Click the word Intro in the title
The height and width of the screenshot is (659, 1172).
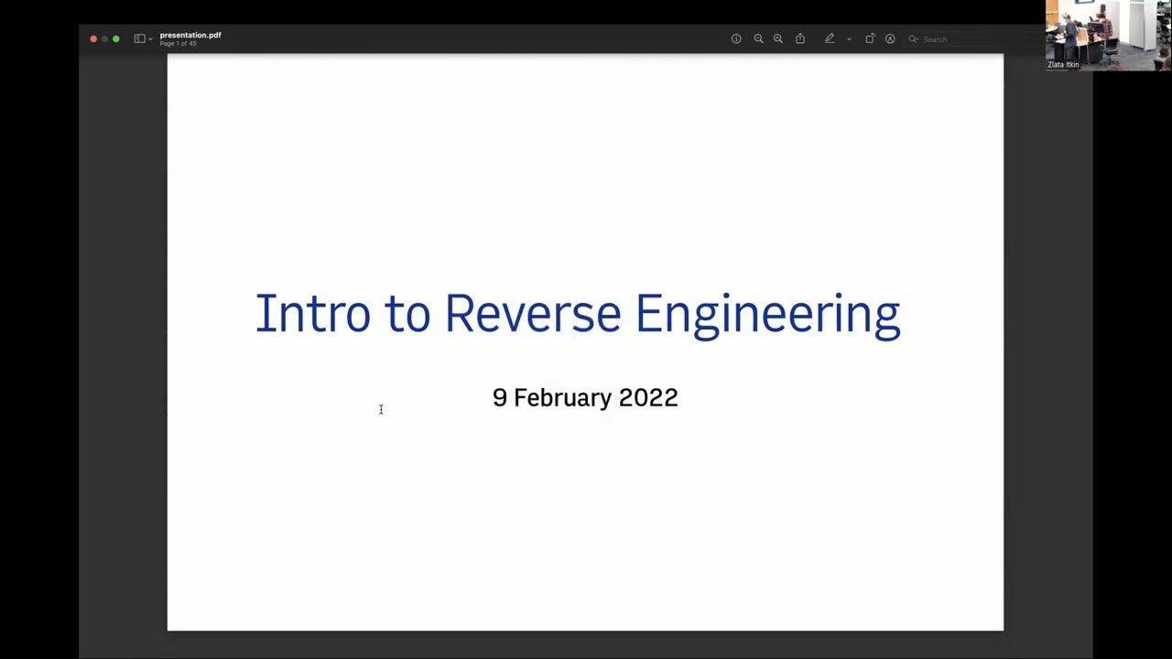pos(312,314)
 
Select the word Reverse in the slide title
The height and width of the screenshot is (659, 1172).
pos(532,314)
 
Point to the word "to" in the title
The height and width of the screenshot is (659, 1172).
pos(407,314)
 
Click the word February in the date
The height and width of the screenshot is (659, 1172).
pos(562,398)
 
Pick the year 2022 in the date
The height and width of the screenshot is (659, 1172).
pos(648,398)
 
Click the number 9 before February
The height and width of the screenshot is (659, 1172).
pos(499,398)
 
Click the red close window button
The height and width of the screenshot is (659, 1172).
pos(93,38)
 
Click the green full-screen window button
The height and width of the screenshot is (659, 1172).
pos(115,38)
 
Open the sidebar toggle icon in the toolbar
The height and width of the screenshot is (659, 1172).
pos(139,38)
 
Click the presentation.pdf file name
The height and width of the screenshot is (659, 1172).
pos(190,35)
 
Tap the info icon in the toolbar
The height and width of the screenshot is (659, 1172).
pos(736,38)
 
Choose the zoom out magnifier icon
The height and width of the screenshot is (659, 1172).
pos(758,38)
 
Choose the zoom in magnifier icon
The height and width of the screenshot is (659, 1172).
pos(778,38)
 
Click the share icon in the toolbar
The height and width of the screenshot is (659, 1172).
pos(800,38)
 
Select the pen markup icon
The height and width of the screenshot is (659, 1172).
pos(830,38)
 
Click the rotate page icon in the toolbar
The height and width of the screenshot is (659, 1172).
pos(870,38)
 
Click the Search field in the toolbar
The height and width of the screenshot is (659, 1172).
pos(952,39)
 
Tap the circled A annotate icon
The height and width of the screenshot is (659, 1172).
pos(890,38)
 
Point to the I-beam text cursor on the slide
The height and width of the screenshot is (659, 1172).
pos(381,409)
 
